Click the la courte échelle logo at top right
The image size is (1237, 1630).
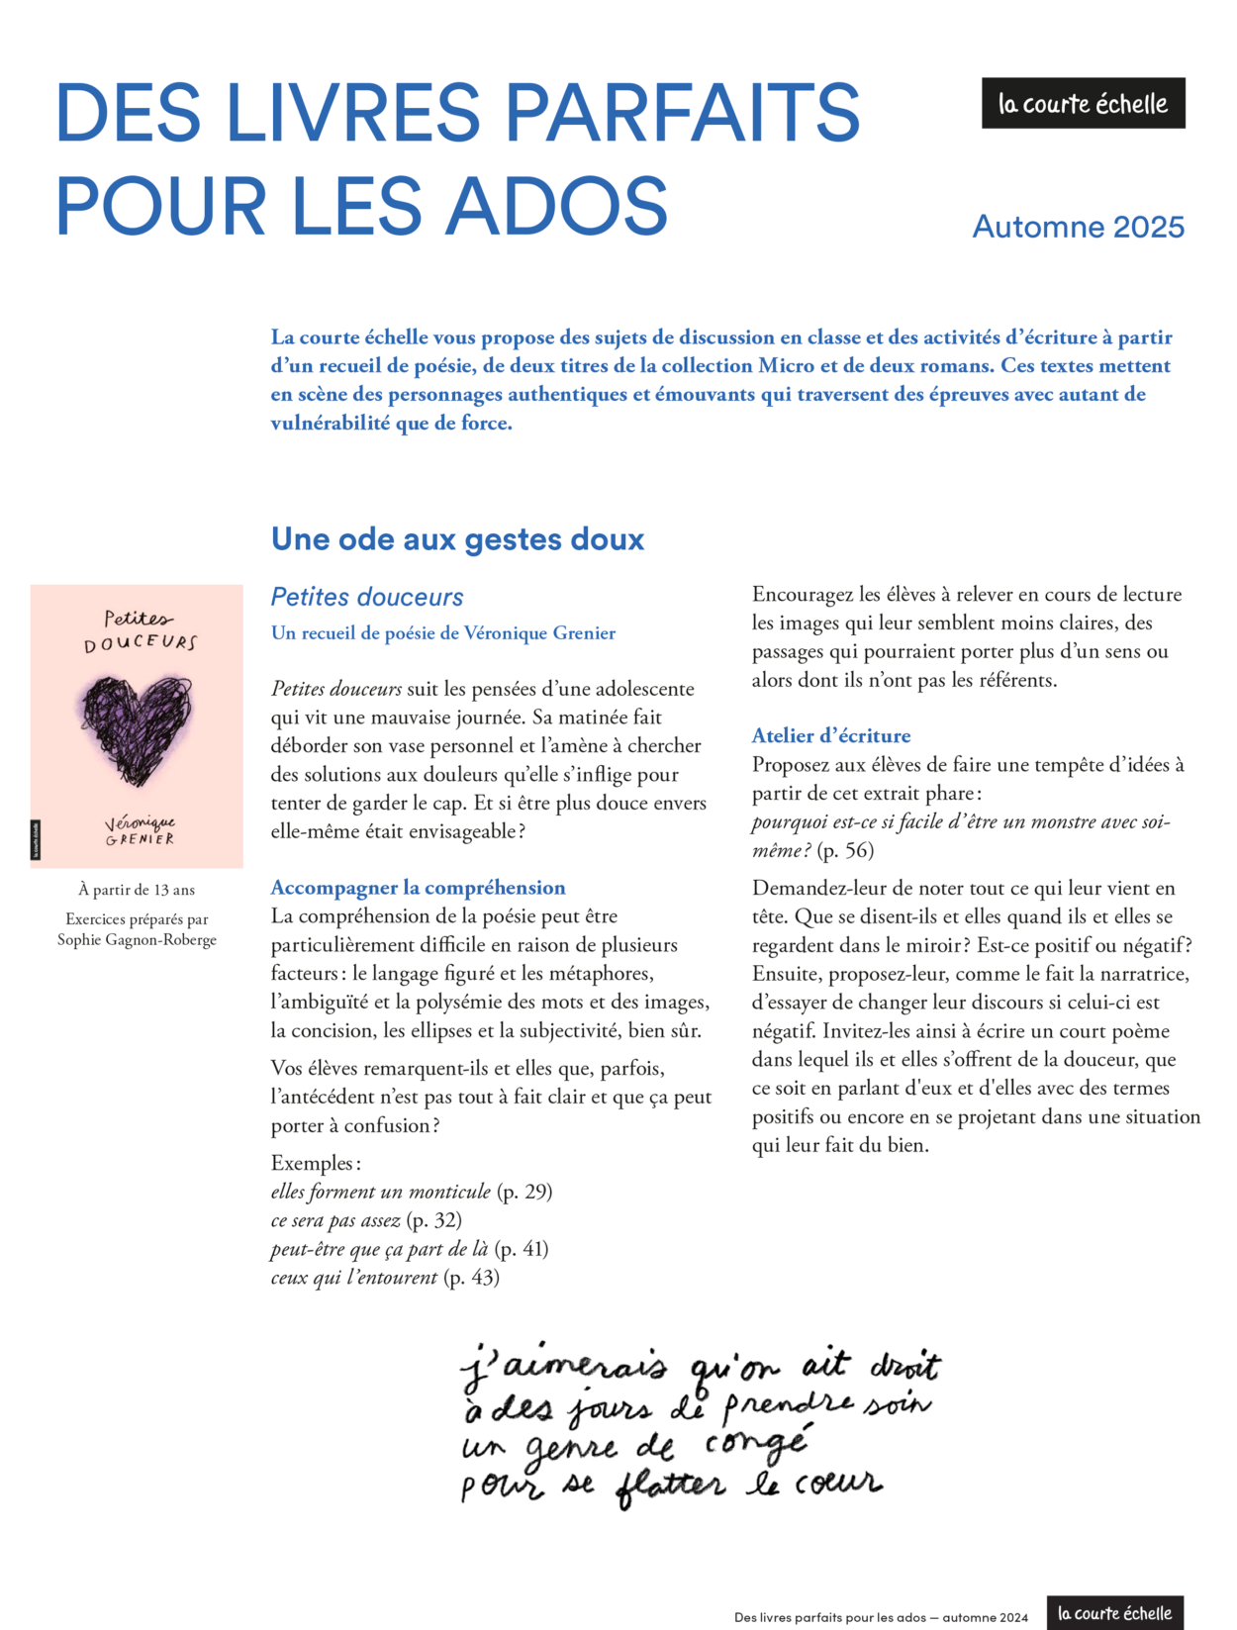1083,103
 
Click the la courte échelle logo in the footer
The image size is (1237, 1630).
1114,1613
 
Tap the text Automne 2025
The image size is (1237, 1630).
1078,227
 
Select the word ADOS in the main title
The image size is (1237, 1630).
557,206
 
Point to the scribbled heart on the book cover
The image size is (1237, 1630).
137,728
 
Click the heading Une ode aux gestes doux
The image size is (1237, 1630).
457,539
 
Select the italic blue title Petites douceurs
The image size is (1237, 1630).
367,597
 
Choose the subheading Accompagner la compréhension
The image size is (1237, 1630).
418,888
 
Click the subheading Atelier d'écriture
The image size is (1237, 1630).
830,735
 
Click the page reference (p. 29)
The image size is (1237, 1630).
524,1192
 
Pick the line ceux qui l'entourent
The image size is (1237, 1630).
353,1278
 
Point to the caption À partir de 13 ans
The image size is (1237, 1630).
137,890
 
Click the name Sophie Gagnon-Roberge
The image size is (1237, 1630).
137,939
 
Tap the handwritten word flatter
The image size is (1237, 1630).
670,1486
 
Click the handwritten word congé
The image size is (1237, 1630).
757,1444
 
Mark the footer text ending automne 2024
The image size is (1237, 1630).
881,1617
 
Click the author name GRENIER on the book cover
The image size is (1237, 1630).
140,839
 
